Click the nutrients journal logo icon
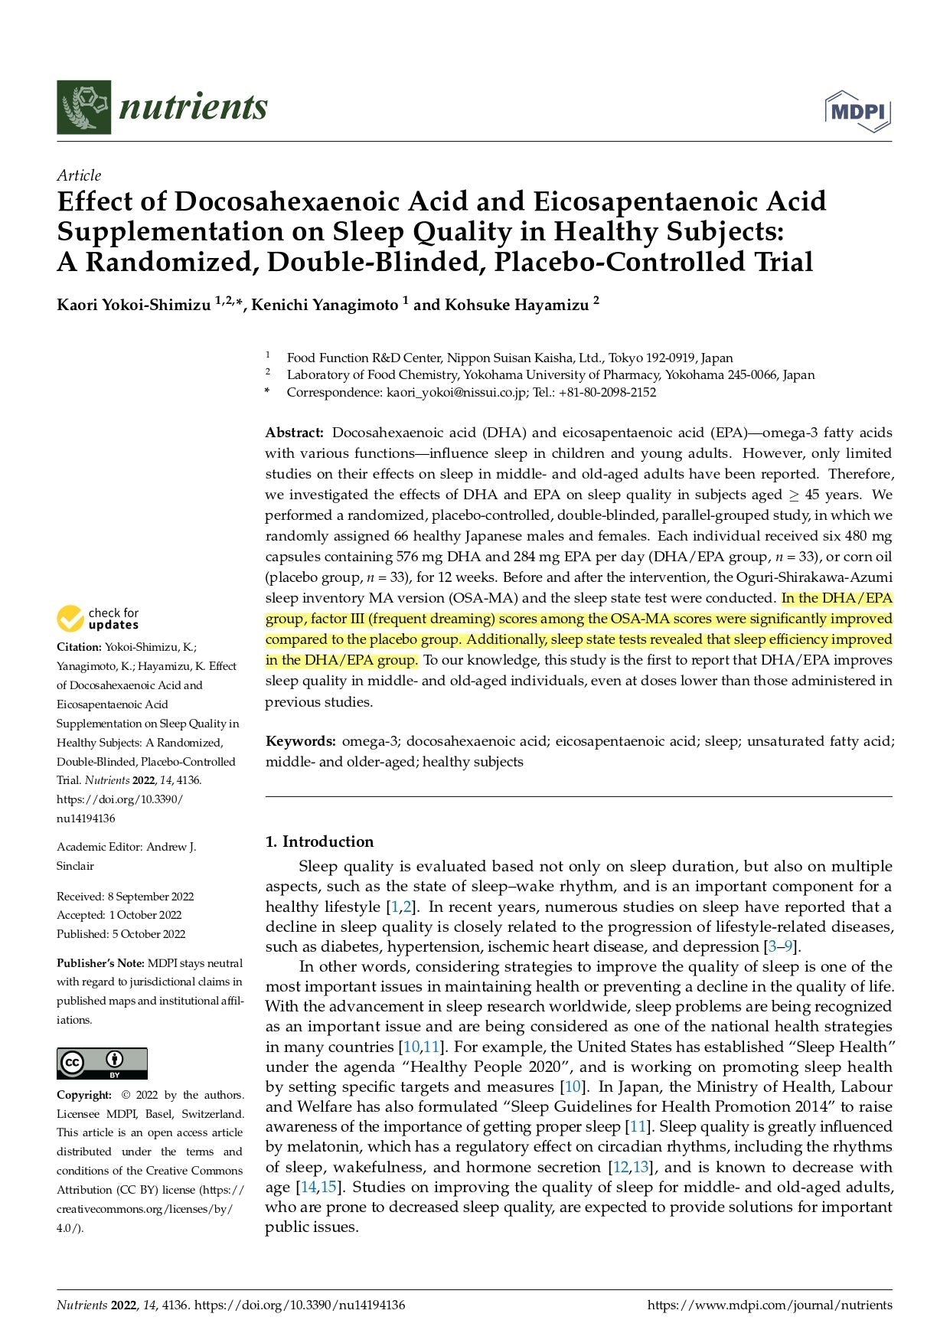point(83,107)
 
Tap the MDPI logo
point(858,111)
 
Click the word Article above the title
point(79,175)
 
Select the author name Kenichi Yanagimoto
point(325,305)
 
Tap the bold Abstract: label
point(295,433)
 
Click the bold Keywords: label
point(300,741)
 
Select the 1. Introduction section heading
point(319,841)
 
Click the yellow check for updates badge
point(98,619)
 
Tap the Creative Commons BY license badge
point(102,1064)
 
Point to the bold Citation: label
point(79,647)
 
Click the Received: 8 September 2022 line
point(125,897)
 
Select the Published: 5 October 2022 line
point(121,934)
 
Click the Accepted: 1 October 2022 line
point(119,915)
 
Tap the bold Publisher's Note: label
point(100,963)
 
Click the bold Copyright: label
point(84,1095)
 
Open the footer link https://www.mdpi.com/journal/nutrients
point(769,1305)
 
